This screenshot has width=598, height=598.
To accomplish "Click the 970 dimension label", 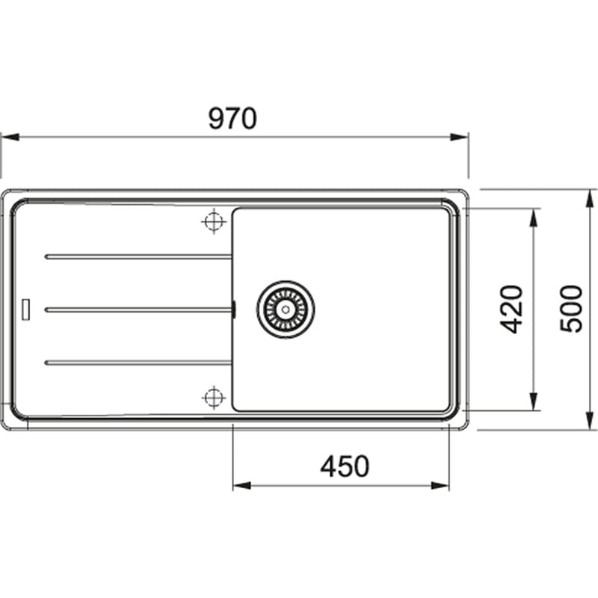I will [x=232, y=118].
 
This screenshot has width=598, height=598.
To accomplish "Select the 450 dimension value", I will [x=345, y=466].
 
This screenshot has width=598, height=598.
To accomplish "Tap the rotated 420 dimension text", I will [x=511, y=309].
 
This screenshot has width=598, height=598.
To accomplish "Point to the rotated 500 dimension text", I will [x=571, y=309].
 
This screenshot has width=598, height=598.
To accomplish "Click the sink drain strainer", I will [x=285, y=309].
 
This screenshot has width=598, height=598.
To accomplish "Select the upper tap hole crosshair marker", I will [x=214, y=221].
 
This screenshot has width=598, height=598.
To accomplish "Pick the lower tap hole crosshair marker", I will [x=214, y=396].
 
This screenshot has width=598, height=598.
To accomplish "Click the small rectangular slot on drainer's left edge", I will [x=27, y=309].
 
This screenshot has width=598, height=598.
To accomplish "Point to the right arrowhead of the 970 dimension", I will [x=460, y=137].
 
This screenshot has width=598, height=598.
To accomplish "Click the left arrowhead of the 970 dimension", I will [x=7, y=137].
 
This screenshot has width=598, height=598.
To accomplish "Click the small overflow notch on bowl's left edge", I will [x=233, y=309].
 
